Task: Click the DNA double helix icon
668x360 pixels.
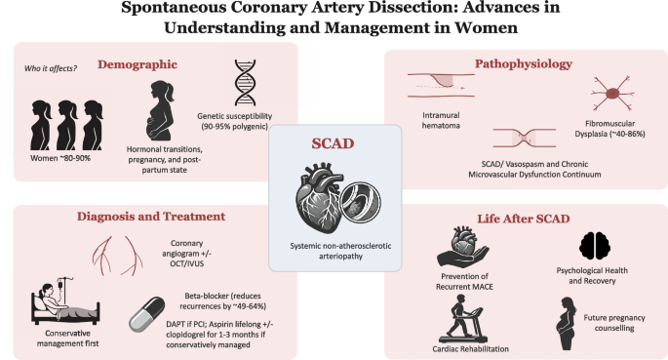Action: [246, 83]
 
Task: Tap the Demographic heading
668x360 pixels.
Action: [138, 64]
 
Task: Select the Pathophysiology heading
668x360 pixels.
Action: [524, 64]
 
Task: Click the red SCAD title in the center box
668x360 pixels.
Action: [333, 143]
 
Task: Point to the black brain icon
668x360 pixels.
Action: [595, 246]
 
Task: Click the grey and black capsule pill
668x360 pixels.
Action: [147, 314]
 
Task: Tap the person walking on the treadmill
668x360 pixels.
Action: [462, 319]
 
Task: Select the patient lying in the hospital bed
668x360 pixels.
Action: [65, 300]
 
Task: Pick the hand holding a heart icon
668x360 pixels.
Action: [462, 248]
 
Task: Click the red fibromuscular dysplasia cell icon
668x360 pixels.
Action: [612, 94]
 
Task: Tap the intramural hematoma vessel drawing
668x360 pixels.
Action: [442, 85]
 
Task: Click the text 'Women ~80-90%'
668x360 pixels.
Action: [60, 158]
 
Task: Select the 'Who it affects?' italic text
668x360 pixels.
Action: [51, 68]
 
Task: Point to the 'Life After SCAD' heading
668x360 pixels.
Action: [524, 219]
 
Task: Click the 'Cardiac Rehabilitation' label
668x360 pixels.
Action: [470, 349]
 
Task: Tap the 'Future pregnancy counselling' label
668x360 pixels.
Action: [614, 323]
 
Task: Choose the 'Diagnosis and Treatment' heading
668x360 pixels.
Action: [151, 217]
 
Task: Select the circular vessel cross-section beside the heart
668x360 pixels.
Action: [361, 202]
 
